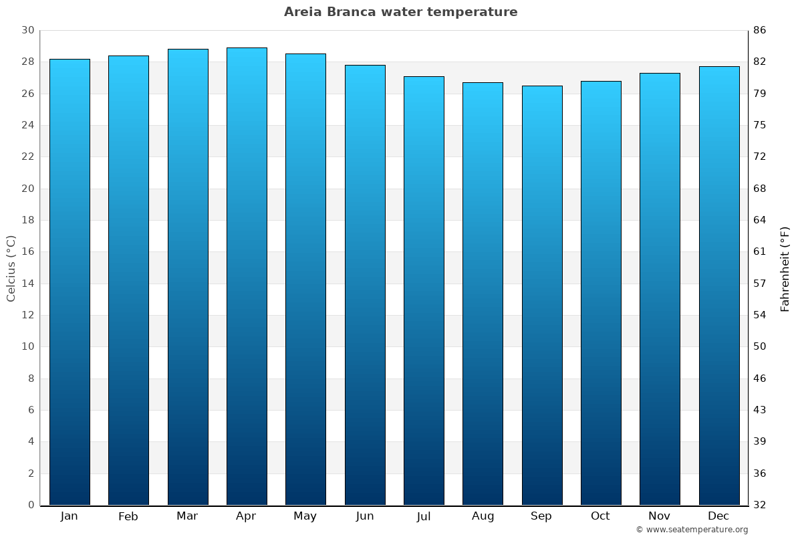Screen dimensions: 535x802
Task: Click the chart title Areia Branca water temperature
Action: [x=400, y=12]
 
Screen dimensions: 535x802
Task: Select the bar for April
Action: [x=247, y=276]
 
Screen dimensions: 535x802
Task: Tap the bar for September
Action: [x=542, y=295]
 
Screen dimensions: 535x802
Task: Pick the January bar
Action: [x=70, y=282]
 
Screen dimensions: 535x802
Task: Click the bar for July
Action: [x=424, y=290]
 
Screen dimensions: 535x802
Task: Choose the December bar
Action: [x=719, y=286]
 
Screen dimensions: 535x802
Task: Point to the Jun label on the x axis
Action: [x=365, y=516]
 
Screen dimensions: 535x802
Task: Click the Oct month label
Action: [x=600, y=516]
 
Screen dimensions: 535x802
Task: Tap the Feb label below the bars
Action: [x=128, y=516]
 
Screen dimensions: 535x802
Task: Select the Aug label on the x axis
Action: [x=483, y=516]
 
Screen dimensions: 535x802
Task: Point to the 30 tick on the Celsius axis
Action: [x=27, y=31]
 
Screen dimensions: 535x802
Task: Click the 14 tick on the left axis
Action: [x=27, y=284]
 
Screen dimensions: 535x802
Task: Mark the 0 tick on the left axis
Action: [x=31, y=505]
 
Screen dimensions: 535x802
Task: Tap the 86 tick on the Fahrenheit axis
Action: [x=760, y=31]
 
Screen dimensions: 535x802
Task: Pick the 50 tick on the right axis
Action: [x=760, y=346]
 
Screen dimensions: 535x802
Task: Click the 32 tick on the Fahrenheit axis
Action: [x=760, y=505]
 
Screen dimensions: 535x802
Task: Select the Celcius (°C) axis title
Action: [x=11, y=268]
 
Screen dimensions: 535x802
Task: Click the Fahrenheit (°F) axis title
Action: [x=785, y=268]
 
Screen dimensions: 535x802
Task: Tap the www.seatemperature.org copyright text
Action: [x=692, y=530]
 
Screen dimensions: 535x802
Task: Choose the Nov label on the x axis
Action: [x=660, y=516]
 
